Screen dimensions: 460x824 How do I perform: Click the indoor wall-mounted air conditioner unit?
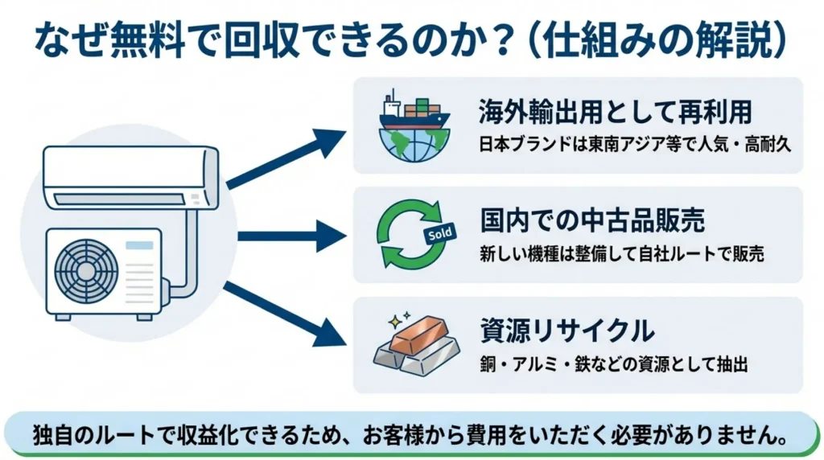click(x=130, y=178)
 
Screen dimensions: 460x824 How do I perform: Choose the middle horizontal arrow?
click(x=290, y=236)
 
